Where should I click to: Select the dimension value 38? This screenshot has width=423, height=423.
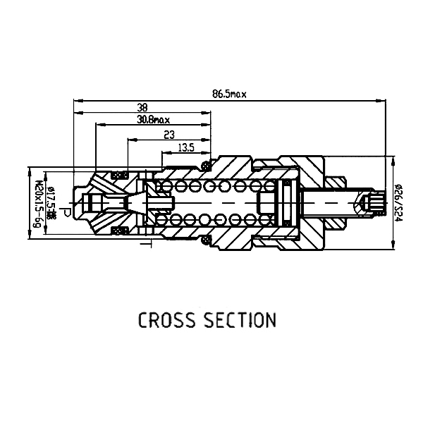142,108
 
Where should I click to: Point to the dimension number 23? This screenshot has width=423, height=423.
168,135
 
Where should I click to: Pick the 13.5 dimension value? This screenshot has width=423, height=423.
187,147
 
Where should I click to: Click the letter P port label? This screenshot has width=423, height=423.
65,211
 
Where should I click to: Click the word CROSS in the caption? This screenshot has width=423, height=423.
167,321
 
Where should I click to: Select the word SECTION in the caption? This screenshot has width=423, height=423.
240,321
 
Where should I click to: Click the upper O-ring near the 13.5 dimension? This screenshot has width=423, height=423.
206,166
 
